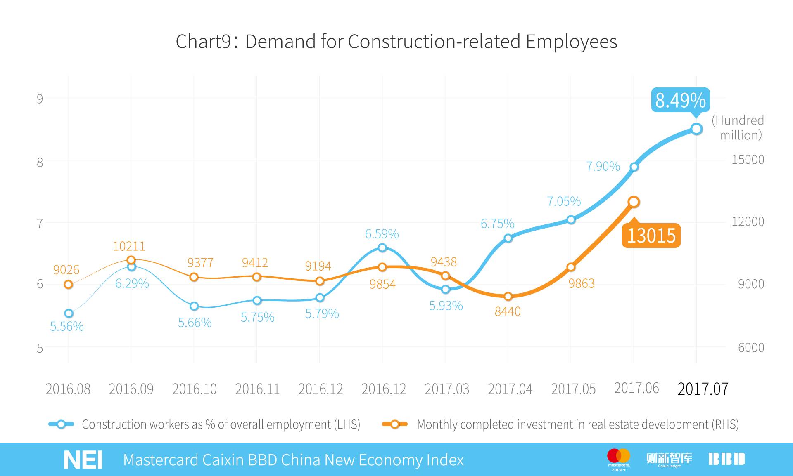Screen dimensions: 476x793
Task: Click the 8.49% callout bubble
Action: click(x=680, y=100)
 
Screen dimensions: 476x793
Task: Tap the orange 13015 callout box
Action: click(x=651, y=236)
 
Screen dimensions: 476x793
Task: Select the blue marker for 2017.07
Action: click(x=696, y=129)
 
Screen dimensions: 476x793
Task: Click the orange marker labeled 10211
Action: click(x=131, y=260)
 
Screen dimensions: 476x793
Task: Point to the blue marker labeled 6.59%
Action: click(x=382, y=247)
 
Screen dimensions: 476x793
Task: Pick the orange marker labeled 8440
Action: click(x=508, y=296)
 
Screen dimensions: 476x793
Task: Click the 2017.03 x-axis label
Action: click(x=447, y=389)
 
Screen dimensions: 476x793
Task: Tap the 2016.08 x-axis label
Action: click(x=68, y=389)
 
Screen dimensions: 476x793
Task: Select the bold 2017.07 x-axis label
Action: click(x=703, y=389)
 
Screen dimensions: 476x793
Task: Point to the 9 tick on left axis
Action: click(x=40, y=99)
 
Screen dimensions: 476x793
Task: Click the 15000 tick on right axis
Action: click(x=748, y=160)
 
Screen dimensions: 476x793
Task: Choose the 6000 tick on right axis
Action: click(x=751, y=348)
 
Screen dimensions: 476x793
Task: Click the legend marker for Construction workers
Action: click(x=61, y=424)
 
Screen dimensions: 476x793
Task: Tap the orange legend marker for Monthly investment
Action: click(x=395, y=424)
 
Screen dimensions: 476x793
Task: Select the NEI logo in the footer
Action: click(x=83, y=460)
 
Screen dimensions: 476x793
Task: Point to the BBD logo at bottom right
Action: click(x=727, y=459)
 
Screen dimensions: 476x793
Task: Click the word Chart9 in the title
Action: click(x=203, y=42)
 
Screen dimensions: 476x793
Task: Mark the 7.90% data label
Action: click(x=603, y=166)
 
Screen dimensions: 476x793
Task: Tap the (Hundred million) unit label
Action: click(x=738, y=127)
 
